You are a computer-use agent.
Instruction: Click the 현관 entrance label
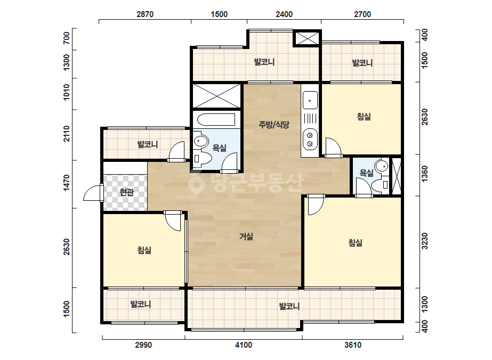click(127, 192)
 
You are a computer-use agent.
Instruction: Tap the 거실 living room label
click(246, 236)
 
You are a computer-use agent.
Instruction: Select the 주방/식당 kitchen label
click(273, 125)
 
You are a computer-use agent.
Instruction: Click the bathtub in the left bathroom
click(216, 120)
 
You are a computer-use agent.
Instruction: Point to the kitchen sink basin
click(310, 100)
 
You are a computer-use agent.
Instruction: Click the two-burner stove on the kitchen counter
click(310, 140)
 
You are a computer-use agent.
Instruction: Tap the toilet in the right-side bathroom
click(381, 185)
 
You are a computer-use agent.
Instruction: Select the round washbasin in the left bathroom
click(200, 141)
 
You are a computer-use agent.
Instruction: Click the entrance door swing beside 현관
click(93, 193)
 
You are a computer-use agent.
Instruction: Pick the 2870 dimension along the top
click(145, 14)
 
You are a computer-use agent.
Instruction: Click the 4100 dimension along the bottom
click(244, 345)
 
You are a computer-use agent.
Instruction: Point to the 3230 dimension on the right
click(424, 241)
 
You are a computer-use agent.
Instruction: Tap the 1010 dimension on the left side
click(67, 92)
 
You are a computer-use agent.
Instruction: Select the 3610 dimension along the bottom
click(353, 345)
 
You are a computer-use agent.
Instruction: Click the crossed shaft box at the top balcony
click(307, 38)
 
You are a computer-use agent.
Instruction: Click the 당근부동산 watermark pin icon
click(197, 183)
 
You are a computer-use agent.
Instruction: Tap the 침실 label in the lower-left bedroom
click(144, 250)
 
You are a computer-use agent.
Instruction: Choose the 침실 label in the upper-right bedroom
click(364, 117)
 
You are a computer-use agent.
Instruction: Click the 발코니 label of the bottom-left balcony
click(141, 304)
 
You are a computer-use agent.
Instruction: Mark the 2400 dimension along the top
click(284, 14)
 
